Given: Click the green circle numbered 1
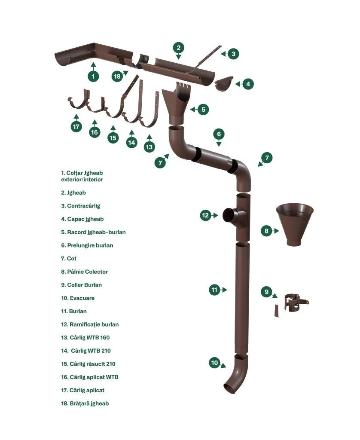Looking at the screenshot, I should (x=93, y=76).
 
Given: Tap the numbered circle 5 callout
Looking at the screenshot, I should (x=203, y=110).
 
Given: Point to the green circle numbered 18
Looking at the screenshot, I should (x=117, y=76).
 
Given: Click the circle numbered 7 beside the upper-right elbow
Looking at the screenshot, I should (x=267, y=158).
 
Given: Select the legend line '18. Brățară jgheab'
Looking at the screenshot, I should (x=85, y=403).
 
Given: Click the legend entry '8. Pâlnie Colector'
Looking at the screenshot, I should (x=84, y=272).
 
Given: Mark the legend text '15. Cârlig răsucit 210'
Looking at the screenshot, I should (x=88, y=364).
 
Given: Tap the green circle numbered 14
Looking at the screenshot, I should (x=131, y=142).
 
